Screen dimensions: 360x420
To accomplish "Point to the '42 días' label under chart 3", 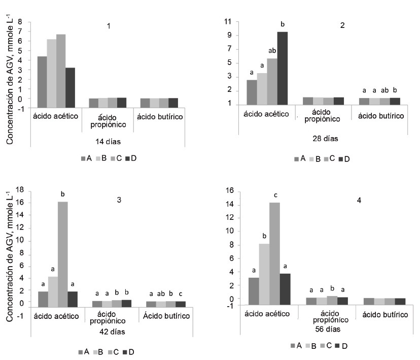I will tap(111, 332).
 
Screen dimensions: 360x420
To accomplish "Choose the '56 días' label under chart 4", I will tap(324, 329).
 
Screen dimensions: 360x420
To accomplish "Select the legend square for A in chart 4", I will tap(293, 346).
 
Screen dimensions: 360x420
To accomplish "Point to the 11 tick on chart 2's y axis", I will tap(228, 22).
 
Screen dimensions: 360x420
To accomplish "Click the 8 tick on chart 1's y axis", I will tap(21, 22).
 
